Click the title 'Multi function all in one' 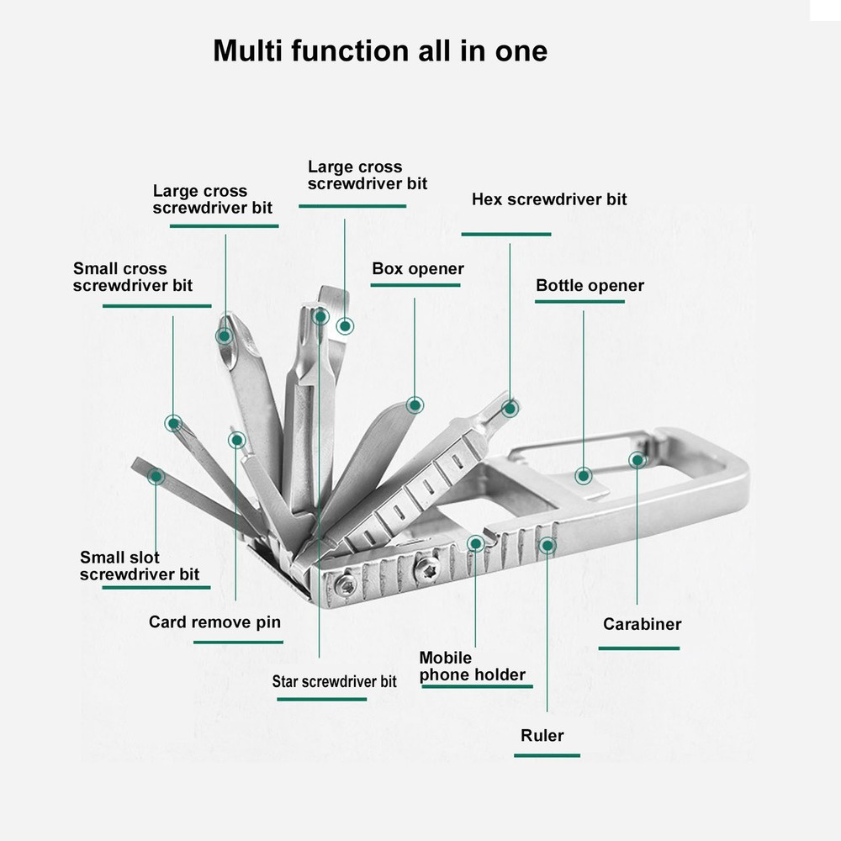[x=379, y=50]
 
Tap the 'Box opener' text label [x=418, y=269]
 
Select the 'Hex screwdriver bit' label [x=549, y=199]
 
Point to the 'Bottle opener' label [x=590, y=285]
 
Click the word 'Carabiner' [x=642, y=624]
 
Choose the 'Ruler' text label [x=542, y=735]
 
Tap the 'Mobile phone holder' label [x=472, y=666]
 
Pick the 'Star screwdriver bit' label [x=334, y=681]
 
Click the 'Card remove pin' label [x=214, y=622]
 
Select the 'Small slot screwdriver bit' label [x=140, y=565]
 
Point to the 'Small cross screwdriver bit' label [x=132, y=277]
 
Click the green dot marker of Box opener [x=415, y=405]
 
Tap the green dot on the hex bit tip [x=510, y=408]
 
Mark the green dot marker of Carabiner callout [x=637, y=460]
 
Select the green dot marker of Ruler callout [x=547, y=546]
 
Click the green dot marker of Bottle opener [x=584, y=476]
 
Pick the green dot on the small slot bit [x=156, y=476]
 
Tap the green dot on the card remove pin [x=236, y=439]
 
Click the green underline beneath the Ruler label [x=547, y=755]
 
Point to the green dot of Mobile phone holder [x=475, y=543]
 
